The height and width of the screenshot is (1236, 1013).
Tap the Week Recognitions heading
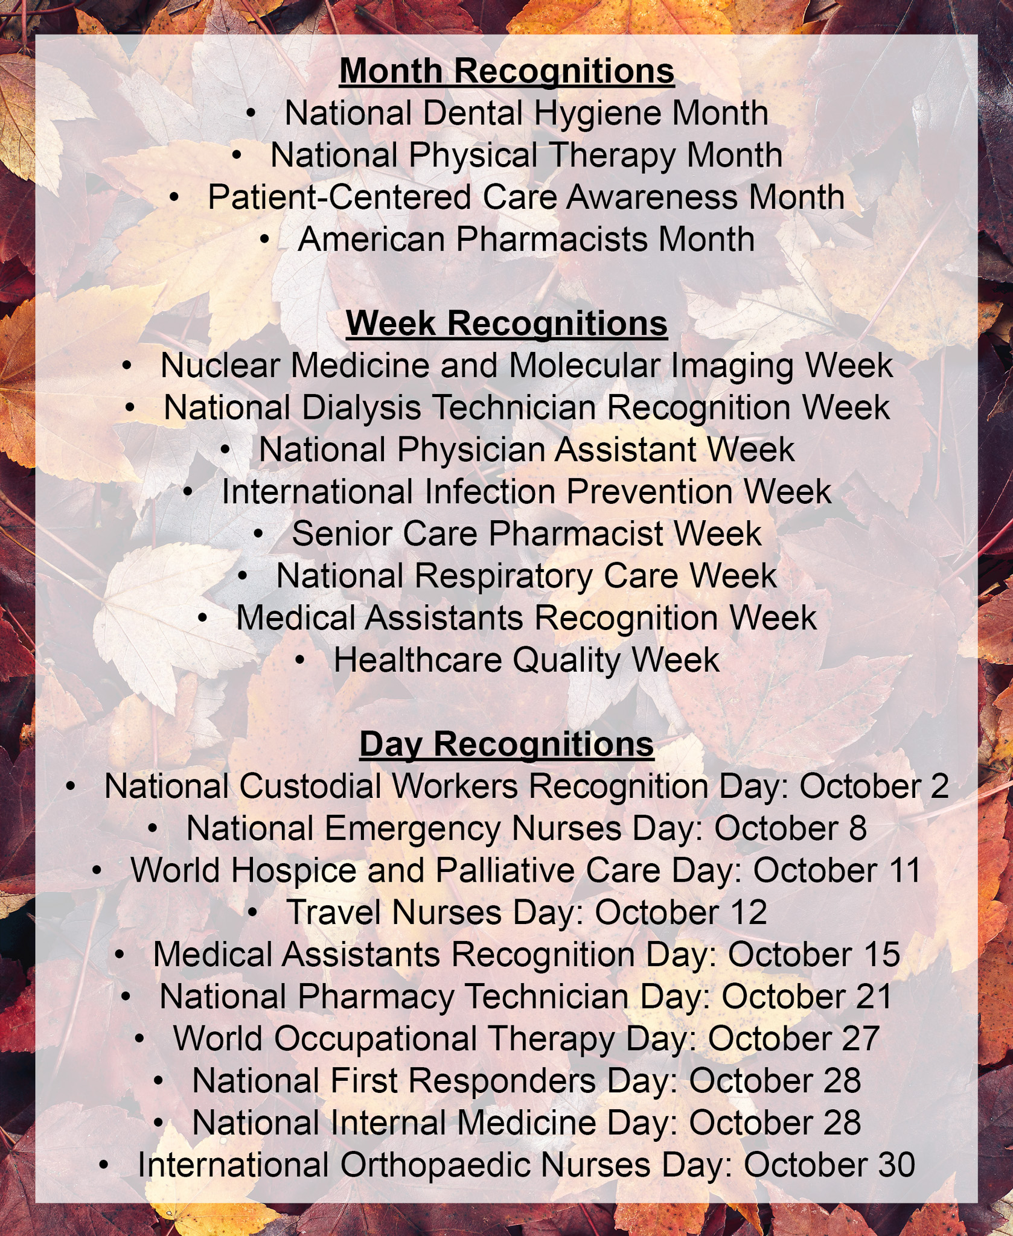[507, 325]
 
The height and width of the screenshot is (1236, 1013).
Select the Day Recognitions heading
[507, 745]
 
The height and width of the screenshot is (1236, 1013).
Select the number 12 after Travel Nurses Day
[747, 913]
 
